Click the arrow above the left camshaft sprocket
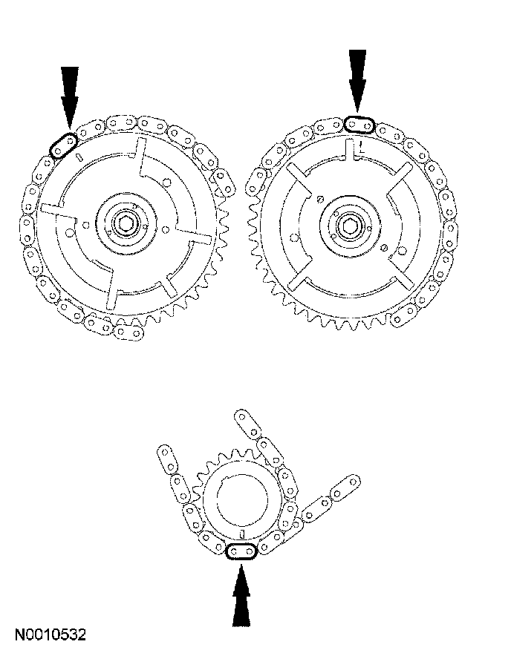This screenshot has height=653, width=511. [x=70, y=97]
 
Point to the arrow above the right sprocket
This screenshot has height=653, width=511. [x=357, y=81]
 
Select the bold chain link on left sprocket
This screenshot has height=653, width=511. [x=63, y=145]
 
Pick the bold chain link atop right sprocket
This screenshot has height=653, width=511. [x=359, y=125]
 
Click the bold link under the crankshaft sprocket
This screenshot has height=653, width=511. [x=241, y=552]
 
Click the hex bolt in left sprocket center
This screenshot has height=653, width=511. [x=126, y=223]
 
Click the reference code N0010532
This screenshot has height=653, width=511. [x=51, y=634]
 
